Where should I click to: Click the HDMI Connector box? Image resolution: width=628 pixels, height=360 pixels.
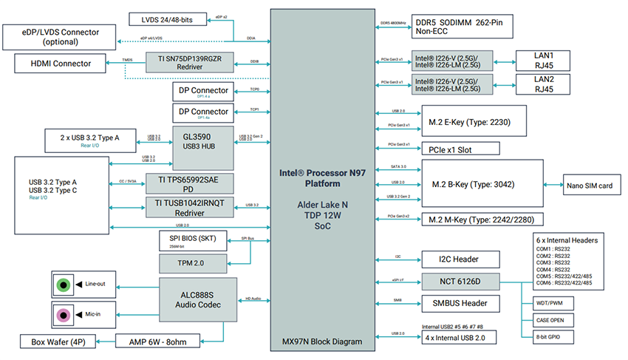[61, 64]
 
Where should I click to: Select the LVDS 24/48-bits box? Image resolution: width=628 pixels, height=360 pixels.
[168, 18]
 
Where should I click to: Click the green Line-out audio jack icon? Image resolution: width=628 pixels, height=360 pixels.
[65, 284]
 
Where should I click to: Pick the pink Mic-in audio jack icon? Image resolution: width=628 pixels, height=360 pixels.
[65, 314]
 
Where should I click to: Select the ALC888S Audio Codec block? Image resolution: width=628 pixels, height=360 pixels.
[197, 293]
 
